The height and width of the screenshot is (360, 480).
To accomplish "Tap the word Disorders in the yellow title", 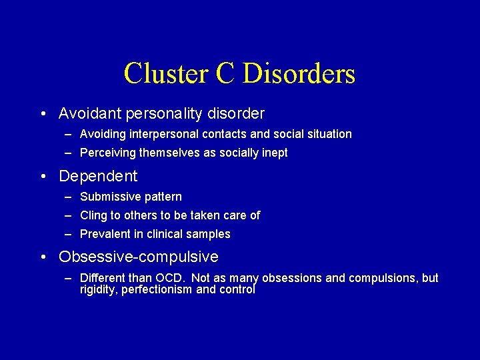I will (x=298, y=73).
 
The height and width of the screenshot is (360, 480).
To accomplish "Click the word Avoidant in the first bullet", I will (x=88, y=114).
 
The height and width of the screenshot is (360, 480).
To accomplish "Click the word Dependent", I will (x=98, y=177).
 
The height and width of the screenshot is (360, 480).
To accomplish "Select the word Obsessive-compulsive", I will (x=139, y=257).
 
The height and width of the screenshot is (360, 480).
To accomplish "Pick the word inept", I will (x=274, y=153).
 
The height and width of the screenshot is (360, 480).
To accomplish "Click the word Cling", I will (x=93, y=215).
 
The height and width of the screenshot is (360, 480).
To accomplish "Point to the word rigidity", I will (x=99, y=290).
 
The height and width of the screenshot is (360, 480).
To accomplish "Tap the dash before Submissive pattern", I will (x=69, y=197).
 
